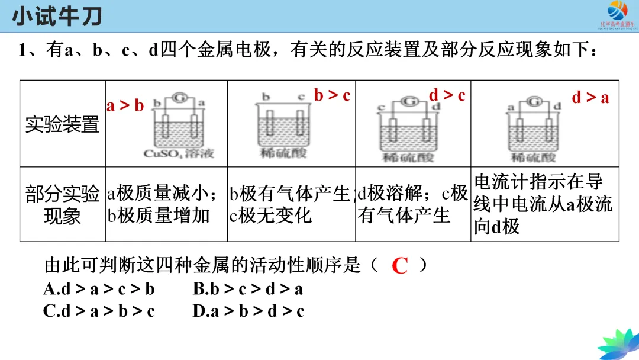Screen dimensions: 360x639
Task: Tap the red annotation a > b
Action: tap(125, 106)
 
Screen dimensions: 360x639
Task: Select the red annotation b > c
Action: tap(332, 95)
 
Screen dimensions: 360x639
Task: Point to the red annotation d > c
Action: tap(447, 95)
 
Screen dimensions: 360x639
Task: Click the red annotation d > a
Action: tap(590, 98)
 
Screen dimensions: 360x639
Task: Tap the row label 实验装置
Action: tap(62, 124)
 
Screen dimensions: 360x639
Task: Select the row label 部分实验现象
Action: tap(62, 204)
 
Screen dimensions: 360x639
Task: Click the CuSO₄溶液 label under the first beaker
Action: tap(179, 154)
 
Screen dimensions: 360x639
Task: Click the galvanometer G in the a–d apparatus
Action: tap(534, 102)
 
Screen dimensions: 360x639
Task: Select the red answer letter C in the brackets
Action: tap(400, 266)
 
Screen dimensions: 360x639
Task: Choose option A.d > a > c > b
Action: tap(99, 289)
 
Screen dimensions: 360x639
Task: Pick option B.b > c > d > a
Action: tap(248, 289)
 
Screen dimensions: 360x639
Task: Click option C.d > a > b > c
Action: tap(99, 311)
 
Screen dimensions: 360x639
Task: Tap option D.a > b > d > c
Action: tap(248, 311)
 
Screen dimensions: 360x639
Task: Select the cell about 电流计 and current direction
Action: tap(543, 204)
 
